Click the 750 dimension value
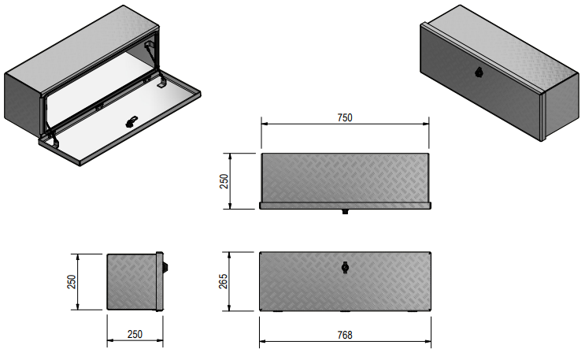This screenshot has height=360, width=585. pos(344,117)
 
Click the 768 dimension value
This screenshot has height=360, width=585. pos(344,336)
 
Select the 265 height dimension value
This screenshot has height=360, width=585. pos(223,281)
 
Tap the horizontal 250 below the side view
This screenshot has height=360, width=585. pos(135,336)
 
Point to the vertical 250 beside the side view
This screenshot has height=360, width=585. pos(71,281)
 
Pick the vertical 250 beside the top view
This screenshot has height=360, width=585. pos(223,180)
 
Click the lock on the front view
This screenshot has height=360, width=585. pos(345,268)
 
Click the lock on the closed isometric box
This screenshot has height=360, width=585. pos(480,72)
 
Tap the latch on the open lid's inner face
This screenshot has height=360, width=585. pos(131,121)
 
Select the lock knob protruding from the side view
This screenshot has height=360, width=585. pos(165,267)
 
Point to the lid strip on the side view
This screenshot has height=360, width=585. pos(159,281)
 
